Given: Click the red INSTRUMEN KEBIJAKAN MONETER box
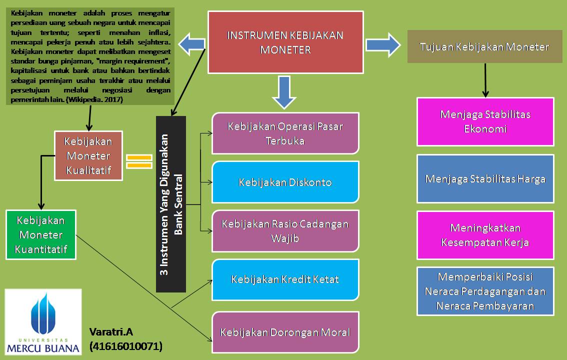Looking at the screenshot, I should pos(285,42).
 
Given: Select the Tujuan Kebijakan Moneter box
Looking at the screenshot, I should pos(484,47).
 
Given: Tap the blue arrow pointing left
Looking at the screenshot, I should pos(193,43).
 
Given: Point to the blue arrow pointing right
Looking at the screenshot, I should pos(383,44).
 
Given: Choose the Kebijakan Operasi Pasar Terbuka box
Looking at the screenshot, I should pos(285,133).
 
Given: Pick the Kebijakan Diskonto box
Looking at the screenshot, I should pos(285,182).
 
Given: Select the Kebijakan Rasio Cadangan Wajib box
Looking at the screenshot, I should pos(285,231).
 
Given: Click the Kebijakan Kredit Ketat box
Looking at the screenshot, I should pos(285,279).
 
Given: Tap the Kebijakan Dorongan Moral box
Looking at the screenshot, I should pos(285,332).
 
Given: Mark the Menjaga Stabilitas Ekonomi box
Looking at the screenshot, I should pos(485,121).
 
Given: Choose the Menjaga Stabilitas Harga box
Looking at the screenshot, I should pos(485,178).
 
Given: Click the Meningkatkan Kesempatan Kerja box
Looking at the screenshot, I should pos(485,235).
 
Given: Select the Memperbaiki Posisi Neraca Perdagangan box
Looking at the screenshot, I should pos(485,291).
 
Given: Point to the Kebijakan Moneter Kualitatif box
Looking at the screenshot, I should pos(88,156).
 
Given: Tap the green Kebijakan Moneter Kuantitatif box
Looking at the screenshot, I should pos(41,234).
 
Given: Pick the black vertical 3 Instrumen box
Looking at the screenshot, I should pos(171,204).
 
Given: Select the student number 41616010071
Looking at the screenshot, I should pos(126,346).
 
